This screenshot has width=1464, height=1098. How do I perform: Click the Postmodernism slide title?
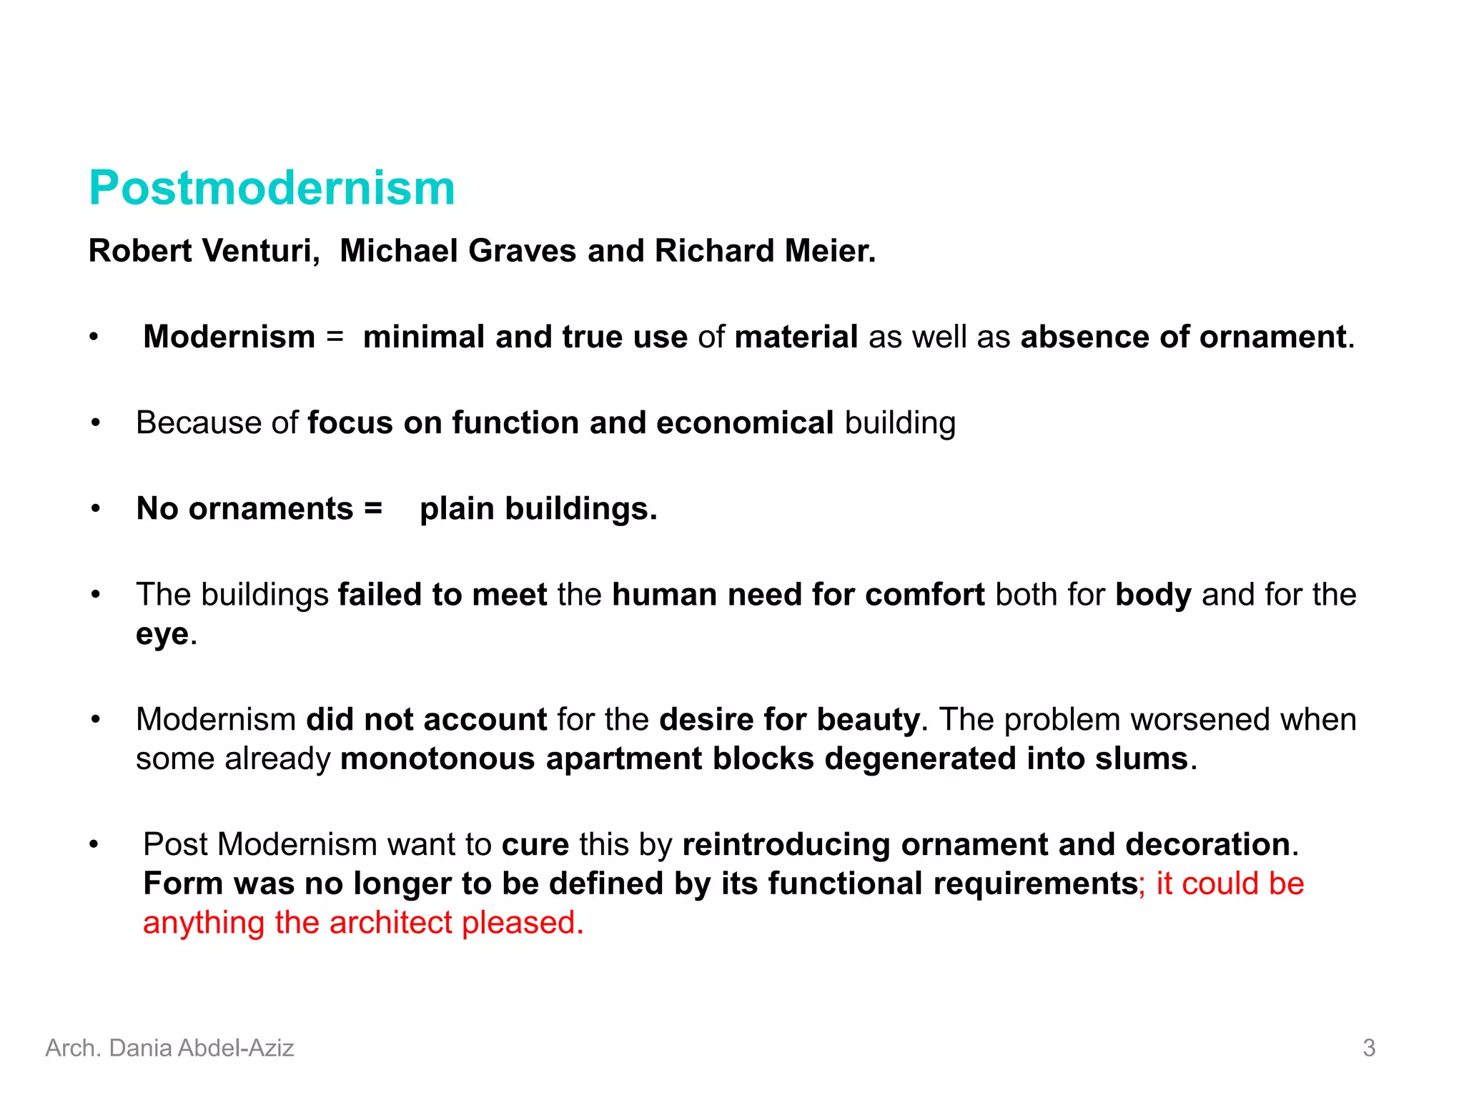point(272,188)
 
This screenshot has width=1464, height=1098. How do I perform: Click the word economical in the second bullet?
point(745,422)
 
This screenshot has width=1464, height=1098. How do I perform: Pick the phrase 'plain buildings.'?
point(538,509)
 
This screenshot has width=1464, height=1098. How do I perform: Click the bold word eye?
point(162,634)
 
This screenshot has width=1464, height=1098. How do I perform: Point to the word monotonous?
point(437,759)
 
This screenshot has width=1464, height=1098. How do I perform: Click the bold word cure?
point(535,845)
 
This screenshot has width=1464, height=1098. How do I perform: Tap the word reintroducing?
point(786,845)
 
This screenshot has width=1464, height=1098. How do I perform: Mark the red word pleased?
point(522,923)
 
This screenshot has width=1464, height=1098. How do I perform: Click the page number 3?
point(1369,1048)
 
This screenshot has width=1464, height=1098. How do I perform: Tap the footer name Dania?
point(140,1048)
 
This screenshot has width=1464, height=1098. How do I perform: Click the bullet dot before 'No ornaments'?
point(96,509)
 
